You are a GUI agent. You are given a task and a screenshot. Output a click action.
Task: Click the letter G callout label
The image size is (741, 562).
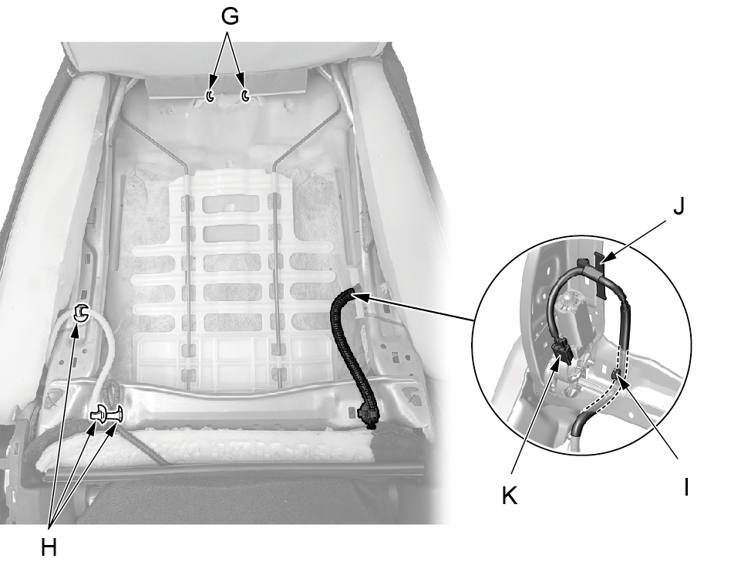(230, 16)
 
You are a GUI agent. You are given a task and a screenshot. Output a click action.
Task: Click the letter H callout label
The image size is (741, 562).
(49, 548)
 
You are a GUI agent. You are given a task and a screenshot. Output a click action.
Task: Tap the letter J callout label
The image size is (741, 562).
(679, 207)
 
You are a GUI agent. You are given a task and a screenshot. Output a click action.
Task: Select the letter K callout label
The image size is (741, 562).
(509, 496)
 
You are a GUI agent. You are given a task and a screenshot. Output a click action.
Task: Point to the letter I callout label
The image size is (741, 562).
(685, 486)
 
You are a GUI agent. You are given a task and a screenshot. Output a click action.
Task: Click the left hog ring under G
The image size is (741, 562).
(210, 96)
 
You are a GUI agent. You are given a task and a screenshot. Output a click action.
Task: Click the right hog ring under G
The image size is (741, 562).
(245, 96)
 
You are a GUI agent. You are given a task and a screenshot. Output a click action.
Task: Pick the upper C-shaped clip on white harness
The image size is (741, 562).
(81, 313)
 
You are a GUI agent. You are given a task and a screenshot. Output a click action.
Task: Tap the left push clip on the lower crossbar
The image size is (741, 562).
(98, 414)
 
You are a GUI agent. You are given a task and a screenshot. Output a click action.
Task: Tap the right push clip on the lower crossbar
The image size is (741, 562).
(116, 415)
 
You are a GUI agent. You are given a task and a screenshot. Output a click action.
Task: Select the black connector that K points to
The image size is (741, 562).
(562, 354)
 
